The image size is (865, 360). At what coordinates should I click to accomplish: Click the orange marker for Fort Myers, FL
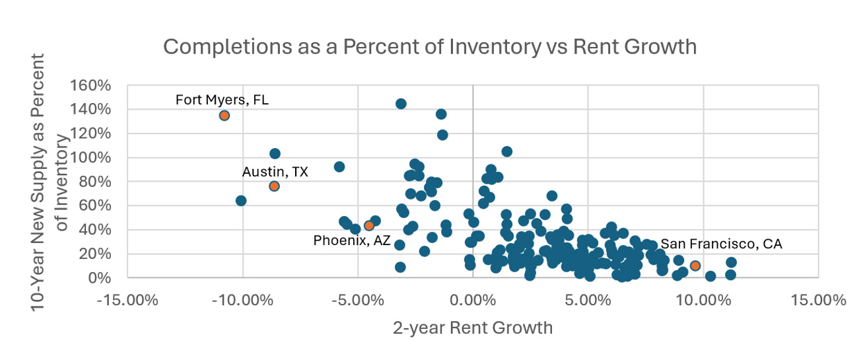[225, 116]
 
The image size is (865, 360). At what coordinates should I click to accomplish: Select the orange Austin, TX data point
[274, 186]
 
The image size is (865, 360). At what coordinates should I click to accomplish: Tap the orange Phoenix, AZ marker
[368, 226]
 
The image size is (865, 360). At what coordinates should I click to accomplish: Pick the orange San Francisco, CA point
[695, 266]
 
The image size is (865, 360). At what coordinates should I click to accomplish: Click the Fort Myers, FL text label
[222, 100]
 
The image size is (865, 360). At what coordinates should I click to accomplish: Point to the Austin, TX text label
[275, 172]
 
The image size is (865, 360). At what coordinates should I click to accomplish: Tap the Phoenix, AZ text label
[351, 241]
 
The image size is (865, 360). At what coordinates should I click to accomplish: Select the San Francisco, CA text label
[721, 244]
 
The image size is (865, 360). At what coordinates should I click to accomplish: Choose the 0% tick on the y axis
[102, 278]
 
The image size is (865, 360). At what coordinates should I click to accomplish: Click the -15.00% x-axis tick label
[127, 301]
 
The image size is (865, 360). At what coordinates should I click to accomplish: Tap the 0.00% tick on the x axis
[472, 301]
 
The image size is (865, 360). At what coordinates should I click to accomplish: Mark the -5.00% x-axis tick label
[357, 301]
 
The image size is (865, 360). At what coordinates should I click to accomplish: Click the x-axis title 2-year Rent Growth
[472, 328]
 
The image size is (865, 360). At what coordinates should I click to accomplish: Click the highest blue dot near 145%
[400, 104]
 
